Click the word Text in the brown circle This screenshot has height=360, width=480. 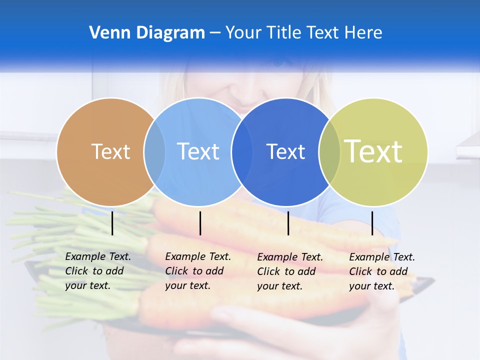point(110,151)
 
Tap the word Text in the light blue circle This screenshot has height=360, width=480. point(198,151)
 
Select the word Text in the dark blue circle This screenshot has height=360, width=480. point(285,151)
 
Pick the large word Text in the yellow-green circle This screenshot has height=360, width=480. point(373,151)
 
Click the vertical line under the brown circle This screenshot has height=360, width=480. point(112,223)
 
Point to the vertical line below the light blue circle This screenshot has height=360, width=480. point(200,223)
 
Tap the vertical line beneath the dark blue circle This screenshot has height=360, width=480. point(288,223)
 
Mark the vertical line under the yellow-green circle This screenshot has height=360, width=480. point(372,223)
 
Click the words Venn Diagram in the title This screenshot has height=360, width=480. point(147,33)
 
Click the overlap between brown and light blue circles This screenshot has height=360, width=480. point(154,152)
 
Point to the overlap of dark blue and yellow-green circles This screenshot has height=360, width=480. point(329,152)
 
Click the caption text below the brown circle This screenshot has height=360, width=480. point(98,271)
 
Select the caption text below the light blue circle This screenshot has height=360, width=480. point(198,271)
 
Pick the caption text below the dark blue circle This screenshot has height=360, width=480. point(290,271)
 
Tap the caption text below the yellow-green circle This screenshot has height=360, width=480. point(382,271)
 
